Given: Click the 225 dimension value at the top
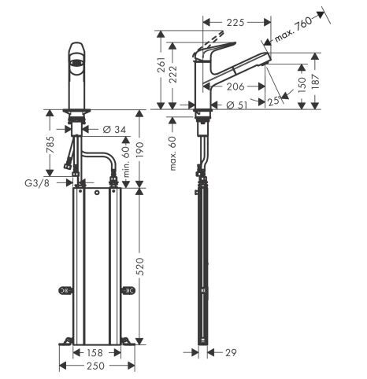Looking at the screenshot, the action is click(235, 23).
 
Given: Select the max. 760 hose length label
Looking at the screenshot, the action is click(294, 29).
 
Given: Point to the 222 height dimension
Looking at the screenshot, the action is click(172, 75).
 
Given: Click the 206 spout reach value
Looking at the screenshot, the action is click(235, 86).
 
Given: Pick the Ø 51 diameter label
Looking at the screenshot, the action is click(236, 105).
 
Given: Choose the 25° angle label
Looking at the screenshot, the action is click(274, 101).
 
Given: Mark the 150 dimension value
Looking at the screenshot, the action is click(302, 85).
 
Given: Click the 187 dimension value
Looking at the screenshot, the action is click(316, 82).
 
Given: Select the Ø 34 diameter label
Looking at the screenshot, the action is click(114, 129).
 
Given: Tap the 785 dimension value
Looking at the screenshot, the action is click(50, 145).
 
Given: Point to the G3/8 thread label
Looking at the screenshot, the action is click(37, 183).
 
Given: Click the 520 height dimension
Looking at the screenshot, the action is click(141, 267).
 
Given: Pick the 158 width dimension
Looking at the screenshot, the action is click(95, 353).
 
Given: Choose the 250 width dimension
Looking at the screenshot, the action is click(95, 366).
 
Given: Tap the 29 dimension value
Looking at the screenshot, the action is click(231, 353).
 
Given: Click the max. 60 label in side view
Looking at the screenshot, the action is click(172, 153).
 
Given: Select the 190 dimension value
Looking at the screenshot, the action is click(141, 150).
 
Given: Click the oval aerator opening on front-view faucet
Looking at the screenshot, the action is click(77, 63).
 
